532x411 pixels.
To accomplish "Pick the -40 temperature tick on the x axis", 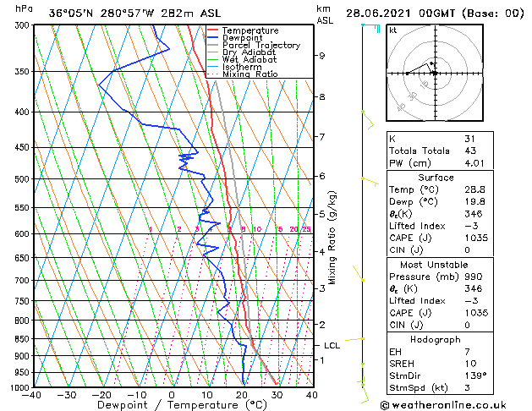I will pos(32,395).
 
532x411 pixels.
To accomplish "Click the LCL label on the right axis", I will pos(332,345).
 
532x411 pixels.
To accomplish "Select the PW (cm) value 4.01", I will pos(475,164).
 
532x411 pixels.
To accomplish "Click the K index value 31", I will pos(469,139).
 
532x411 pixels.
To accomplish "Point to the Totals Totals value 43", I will pos(469,151).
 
